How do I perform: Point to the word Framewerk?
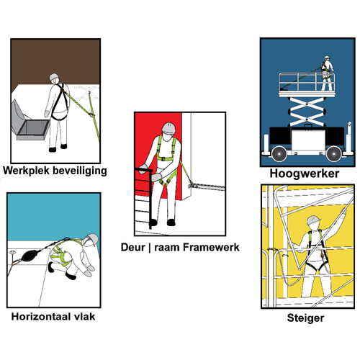click(x=210, y=247)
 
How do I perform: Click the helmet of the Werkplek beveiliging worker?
click(x=54, y=78)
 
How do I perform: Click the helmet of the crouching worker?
click(x=92, y=240)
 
